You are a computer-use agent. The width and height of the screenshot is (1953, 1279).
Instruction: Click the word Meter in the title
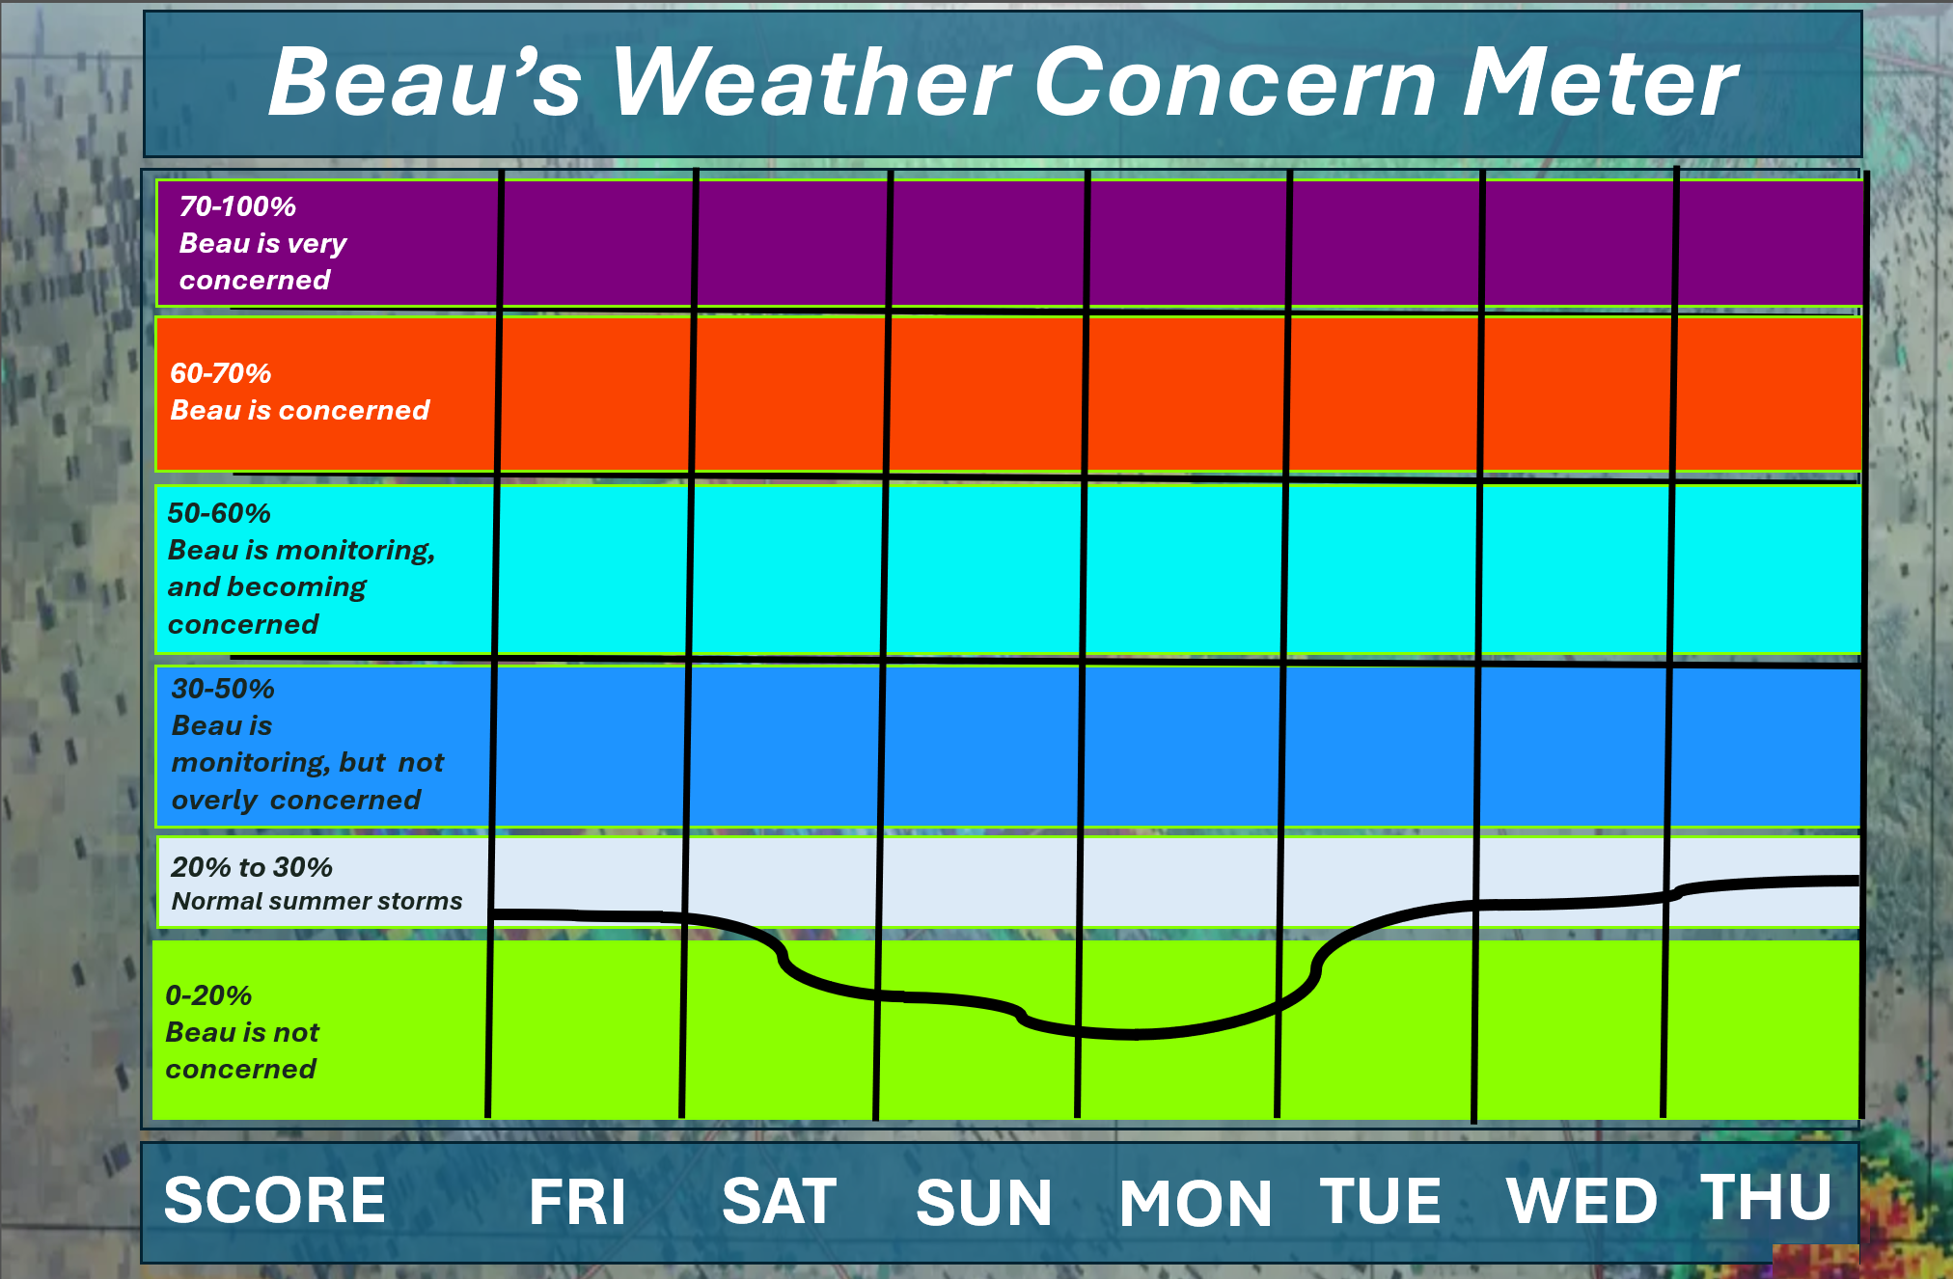[x=1599, y=83]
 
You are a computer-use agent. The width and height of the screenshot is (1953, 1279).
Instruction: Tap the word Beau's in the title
[x=426, y=83]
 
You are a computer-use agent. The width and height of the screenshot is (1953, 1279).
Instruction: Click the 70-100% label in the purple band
[x=237, y=206]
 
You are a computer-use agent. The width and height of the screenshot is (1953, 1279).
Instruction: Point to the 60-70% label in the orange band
[x=221, y=373]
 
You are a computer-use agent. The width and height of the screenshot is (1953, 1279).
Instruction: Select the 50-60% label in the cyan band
[x=219, y=513]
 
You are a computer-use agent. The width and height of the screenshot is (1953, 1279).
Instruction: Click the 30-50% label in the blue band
[x=223, y=689]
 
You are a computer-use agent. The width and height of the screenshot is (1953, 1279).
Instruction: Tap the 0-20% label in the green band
[x=208, y=995]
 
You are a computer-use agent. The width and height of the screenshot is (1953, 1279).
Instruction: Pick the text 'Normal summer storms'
[x=316, y=901]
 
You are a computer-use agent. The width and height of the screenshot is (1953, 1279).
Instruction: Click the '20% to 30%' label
[x=252, y=867]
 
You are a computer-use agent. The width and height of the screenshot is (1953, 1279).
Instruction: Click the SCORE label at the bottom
[x=275, y=1200]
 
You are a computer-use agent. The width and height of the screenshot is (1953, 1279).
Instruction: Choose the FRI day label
[x=578, y=1202]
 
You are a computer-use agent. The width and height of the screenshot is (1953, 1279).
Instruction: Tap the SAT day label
[x=780, y=1202]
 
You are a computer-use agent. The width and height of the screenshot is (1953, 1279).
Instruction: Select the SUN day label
[x=984, y=1203]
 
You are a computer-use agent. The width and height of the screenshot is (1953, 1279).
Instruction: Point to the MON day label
[x=1197, y=1204]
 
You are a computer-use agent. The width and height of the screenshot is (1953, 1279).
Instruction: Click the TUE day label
[x=1381, y=1202]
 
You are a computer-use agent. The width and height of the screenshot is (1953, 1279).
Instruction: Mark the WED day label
[x=1582, y=1202]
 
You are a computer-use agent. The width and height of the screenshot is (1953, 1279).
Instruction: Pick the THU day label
[x=1767, y=1197]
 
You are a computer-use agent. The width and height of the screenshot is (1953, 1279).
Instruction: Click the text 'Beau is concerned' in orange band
[x=300, y=411]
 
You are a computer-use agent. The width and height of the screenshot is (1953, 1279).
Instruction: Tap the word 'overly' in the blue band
[x=214, y=801]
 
